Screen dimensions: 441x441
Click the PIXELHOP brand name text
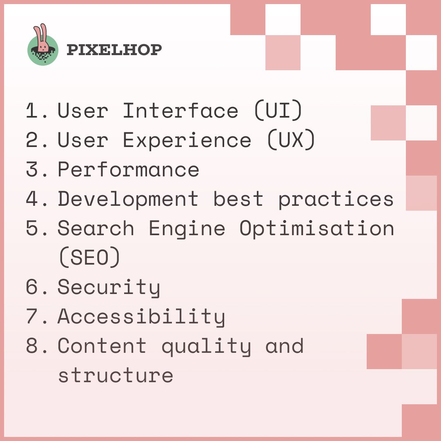click(x=114, y=50)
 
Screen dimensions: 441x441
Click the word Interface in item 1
click(x=180, y=111)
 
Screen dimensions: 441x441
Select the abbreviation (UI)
click(x=278, y=111)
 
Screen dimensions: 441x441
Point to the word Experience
click(x=187, y=140)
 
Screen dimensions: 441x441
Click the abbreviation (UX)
click(x=291, y=140)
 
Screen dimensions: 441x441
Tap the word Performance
click(x=128, y=169)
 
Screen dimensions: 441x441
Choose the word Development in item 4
click(x=128, y=199)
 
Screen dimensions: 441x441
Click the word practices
click(x=336, y=199)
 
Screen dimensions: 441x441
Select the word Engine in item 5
click(x=187, y=228)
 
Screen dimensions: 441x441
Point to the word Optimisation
click(x=317, y=228)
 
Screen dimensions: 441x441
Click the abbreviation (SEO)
click(x=89, y=258)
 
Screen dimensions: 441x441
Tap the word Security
click(x=109, y=287)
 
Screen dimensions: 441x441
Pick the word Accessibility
click(x=141, y=316)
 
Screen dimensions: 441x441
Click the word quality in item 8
click(x=206, y=347)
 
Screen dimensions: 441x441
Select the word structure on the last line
click(x=116, y=375)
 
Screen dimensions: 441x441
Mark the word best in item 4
click(x=238, y=199)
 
